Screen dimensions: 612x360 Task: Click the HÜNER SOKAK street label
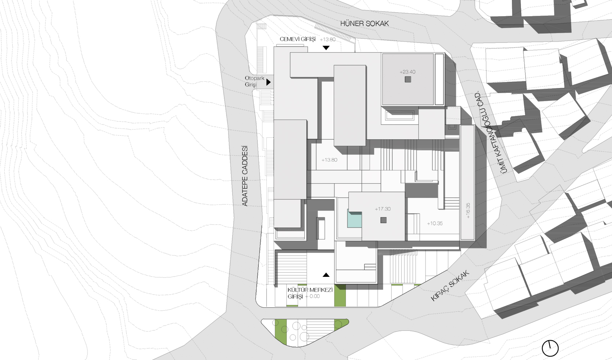pyautogui.click(x=364, y=23)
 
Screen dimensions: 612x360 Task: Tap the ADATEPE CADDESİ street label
pyautogui.click(x=245, y=176)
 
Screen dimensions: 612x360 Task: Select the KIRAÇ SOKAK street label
pyautogui.click(x=450, y=286)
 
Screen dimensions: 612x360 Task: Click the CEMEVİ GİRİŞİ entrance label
pyautogui.click(x=297, y=39)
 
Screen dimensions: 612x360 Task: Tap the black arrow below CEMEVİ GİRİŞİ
pyautogui.click(x=326, y=48)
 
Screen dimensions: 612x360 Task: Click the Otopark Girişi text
pyautogui.click(x=255, y=81)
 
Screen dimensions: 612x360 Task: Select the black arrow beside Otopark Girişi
pyautogui.click(x=269, y=82)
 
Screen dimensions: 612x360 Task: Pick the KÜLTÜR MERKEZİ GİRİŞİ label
pyautogui.click(x=310, y=293)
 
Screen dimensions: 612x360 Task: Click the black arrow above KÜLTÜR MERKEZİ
pyautogui.click(x=326, y=275)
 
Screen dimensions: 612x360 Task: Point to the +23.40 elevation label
pyautogui.click(x=408, y=72)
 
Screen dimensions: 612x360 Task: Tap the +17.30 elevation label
pyautogui.click(x=382, y=209)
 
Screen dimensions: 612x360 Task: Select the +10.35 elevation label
pyautogui.click(x=435, y=224)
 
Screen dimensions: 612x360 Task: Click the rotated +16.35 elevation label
pyautogui.click(x=468, y=210)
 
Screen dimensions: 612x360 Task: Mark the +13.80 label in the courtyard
pyautogui.click(x=329, y=160)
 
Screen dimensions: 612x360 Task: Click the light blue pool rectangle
pyautogui.click(x=354, y=219)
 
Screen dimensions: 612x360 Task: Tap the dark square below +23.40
pyautogui.click(x=408, y=80)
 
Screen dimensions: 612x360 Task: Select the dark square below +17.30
pyautogui.click(x=384, y=220)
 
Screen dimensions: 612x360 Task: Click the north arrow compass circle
pyautogui.click(x=550, y=348)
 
